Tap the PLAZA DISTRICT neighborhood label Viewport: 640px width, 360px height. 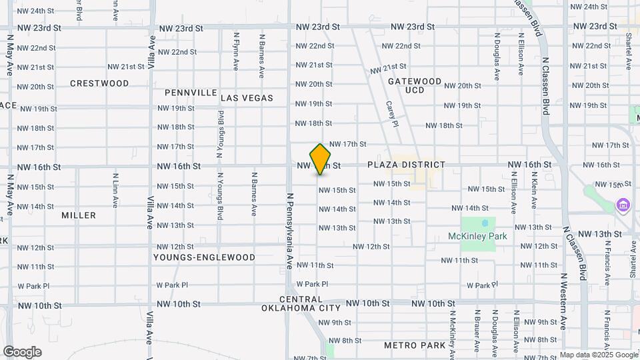406,165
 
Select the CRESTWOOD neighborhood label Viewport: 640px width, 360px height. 99,83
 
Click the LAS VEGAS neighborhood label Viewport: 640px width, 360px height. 247,98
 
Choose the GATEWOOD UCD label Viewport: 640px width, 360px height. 415,85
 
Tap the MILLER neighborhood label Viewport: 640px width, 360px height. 79,215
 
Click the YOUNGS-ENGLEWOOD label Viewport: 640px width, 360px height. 204,257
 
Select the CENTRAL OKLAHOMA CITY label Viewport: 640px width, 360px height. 301,304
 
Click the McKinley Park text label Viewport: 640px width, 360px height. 478,236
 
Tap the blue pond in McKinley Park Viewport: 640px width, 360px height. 485,223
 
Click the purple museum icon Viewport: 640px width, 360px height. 624,204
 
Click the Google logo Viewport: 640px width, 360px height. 22,352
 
